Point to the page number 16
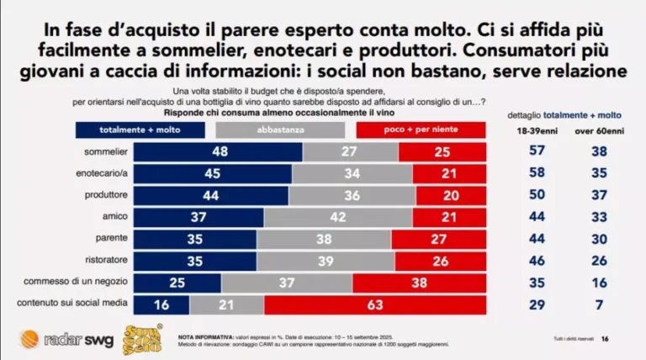tap(628, 338)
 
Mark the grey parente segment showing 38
tap(324, 238)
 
